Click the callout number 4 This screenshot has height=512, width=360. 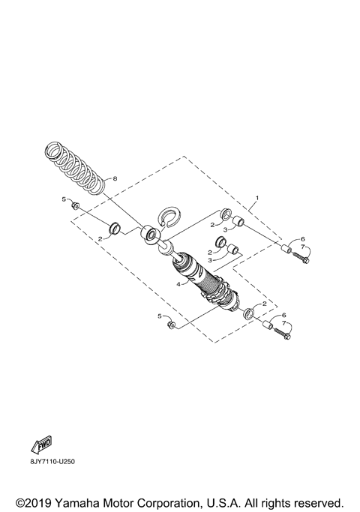click(178, 283)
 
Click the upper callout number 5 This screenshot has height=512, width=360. click(64, 200)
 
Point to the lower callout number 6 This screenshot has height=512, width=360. click(283, 316)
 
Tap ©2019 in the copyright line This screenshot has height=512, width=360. click(32, 500)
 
